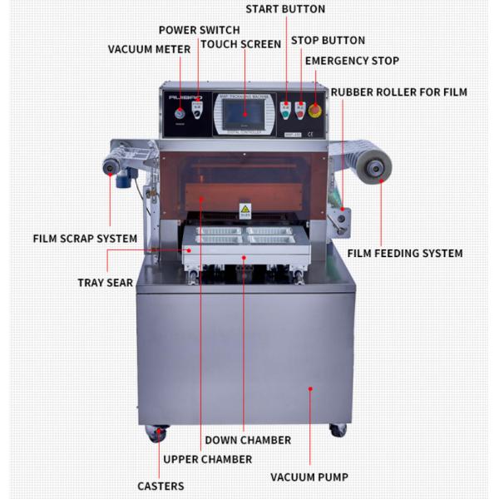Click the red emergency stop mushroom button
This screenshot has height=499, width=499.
(x=315, y=109)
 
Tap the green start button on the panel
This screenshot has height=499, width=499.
(x=285, y=108)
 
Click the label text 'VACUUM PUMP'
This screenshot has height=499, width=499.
(x=309, y=477)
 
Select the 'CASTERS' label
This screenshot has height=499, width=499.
(x=161, y=486)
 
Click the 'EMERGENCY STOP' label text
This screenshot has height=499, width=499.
(x=352, y=61)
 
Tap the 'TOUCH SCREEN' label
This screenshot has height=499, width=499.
(x=240, y=44)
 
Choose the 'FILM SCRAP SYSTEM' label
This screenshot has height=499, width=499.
(x=85, y=239)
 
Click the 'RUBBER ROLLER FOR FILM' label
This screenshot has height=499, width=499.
(x=398, y=91)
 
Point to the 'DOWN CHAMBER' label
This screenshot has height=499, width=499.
(x=249, y=440)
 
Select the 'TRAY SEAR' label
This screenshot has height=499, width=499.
(x=106, y=283)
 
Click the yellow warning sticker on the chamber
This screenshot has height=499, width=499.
(x=245, y=210)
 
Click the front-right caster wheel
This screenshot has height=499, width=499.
(x=338, y=430)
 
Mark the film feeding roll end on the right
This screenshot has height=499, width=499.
(x=376, y=169)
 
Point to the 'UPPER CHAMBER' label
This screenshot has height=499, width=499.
(x=207, y=459)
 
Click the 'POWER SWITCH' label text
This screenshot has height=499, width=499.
(x=199, y=30)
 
